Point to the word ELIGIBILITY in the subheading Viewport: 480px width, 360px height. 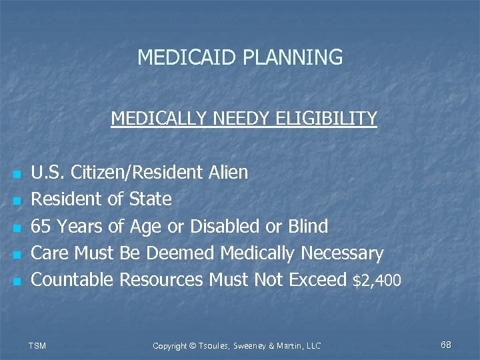click(x=329, y=119)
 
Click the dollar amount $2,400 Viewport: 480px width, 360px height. click(x=377, y=281)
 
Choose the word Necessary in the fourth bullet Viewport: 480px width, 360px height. click(x=342, y=253)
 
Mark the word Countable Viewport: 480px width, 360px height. click(x=72, y=280)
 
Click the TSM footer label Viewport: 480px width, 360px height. click(x=38, y=345)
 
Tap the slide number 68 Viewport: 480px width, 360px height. click(x=446, y=345)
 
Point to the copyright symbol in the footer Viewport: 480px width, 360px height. click(x=193, y=345)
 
